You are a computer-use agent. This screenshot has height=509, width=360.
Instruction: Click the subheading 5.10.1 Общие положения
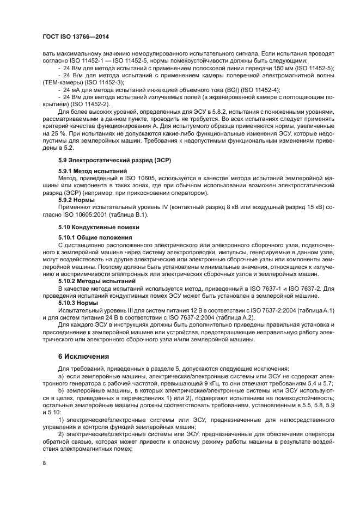[x=94, y=238]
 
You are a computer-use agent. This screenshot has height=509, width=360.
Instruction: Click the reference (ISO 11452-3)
[x=107, y=82]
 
